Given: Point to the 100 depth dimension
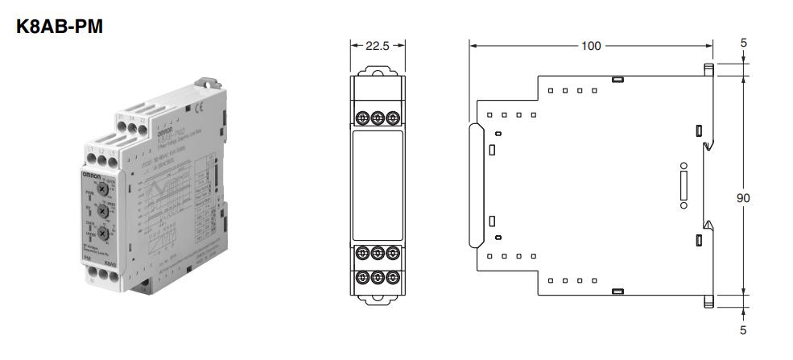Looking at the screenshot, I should click(591, 46).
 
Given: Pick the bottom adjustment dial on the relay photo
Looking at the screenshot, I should click(104, 234).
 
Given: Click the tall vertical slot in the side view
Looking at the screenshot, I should click(684, 185).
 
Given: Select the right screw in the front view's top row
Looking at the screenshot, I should click(392, 117).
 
